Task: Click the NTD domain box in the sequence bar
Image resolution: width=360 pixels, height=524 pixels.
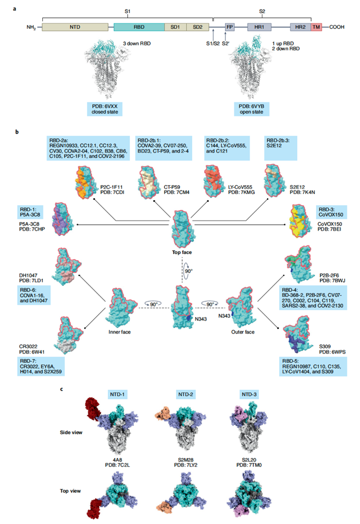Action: (75, 27)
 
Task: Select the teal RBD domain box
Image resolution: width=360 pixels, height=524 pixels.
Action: (139, 27)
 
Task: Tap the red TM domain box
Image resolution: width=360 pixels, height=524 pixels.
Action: (316, 27)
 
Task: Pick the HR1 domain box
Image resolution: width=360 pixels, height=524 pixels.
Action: (259, 27)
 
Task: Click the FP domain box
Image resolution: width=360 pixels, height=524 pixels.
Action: (230, 27)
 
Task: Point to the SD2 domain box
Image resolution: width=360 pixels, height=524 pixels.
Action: (198, 27)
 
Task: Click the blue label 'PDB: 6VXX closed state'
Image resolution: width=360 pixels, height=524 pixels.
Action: (105, 109)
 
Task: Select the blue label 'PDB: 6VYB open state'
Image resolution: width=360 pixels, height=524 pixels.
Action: (251, 109)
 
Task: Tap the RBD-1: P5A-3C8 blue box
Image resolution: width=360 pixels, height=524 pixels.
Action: (30, 212)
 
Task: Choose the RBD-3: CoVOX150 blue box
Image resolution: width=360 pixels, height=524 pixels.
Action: (331, 212)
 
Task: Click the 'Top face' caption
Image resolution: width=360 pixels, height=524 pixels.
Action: (182, 252)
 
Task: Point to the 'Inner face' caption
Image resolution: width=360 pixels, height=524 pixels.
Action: (120, 332)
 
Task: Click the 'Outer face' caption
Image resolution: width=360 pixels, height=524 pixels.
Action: (243, 332)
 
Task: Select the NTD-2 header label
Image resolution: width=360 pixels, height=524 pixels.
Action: (185, 394)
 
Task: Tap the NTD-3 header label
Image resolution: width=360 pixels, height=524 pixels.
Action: (249, 394)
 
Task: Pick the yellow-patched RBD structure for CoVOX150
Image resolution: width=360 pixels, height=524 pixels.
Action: (299, 221)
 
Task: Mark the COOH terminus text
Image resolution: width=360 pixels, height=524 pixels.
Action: (337, 27)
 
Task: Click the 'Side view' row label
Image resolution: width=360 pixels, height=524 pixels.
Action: (71, 433)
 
